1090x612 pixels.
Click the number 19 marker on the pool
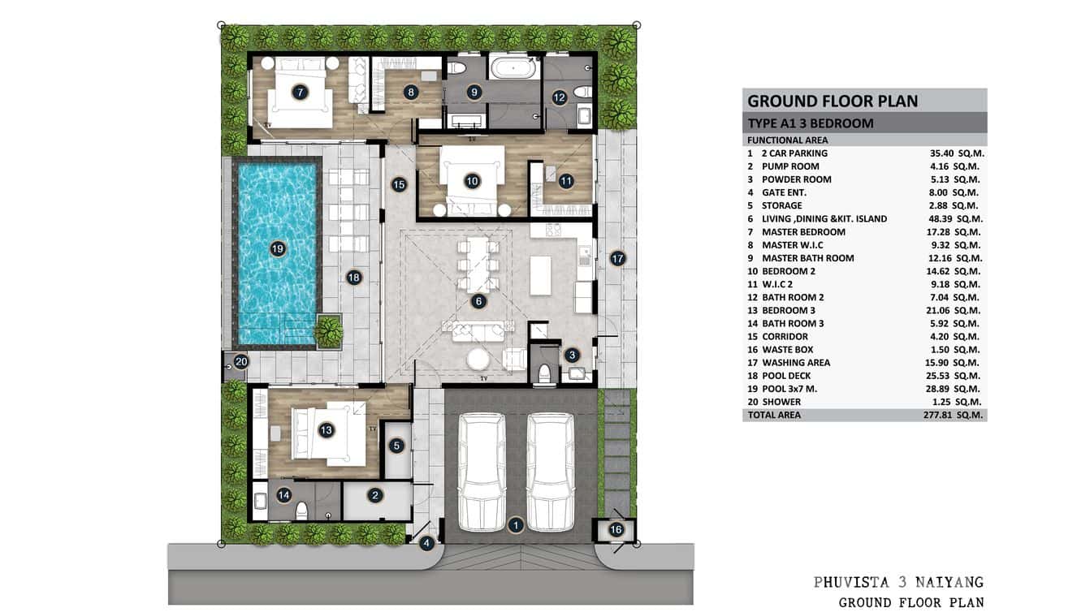click(x=278, y=249)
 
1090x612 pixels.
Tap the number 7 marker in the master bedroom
click(x=301, y=93)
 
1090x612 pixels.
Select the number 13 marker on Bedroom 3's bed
click(x=327, y=430)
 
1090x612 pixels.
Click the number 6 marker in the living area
click(x=478, y=301)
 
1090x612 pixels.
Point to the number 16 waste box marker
click(x=616, y=530)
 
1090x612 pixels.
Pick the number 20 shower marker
click(x=241, y=361)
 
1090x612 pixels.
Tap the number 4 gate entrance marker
click(x=426, y=544)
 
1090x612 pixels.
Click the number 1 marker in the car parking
click(x=515, y=525)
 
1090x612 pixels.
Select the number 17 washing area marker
click(x=617, y=258)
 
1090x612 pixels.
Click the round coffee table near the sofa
click(x=478, y=358)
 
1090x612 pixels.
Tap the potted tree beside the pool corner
click(x=329, y=330)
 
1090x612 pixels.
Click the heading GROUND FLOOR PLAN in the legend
click(x=833, y=101)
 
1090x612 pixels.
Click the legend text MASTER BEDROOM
click(x=803, y=232)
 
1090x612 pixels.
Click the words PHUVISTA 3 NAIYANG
click(x=898, y=582)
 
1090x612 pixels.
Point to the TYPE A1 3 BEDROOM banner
click(x=811, y=123)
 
